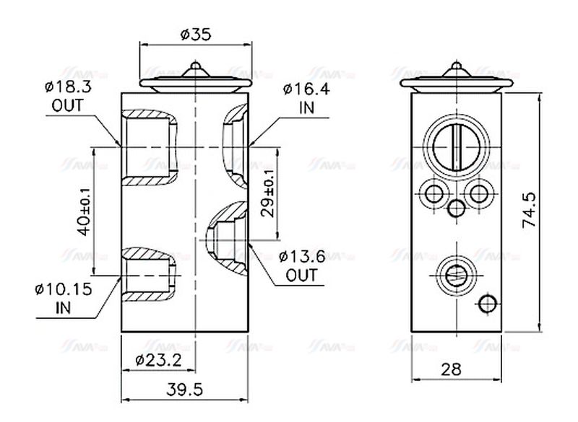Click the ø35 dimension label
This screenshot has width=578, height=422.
point(194,34)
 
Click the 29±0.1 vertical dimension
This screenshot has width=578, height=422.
point(267,193)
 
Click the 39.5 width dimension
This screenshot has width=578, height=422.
point(186,390)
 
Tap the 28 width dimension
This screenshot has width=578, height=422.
point(452,370)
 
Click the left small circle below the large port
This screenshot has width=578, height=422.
point(434,193)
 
